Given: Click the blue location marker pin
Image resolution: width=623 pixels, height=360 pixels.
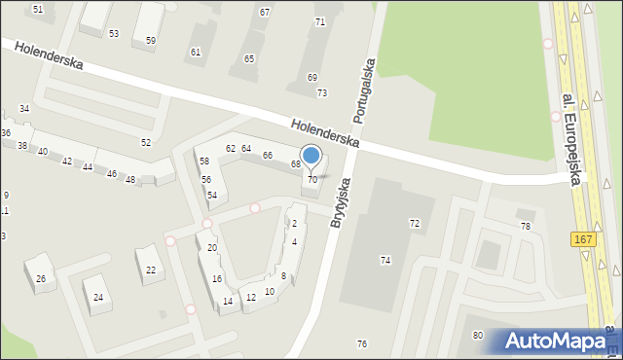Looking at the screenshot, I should tap(311, 157).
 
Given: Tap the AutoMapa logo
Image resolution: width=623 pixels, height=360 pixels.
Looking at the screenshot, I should tap(556, 341).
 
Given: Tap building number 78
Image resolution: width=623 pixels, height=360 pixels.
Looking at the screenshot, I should tap(526, 226).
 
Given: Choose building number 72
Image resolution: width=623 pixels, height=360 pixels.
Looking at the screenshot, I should tap(414, 224).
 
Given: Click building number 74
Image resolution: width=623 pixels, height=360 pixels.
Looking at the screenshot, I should tap(385, 260).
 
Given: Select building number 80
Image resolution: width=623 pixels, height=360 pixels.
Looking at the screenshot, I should tap(477, 336).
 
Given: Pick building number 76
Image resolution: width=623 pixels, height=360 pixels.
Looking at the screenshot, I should tap(362, 344).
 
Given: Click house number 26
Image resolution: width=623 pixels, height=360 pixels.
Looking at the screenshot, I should tap(41, 279).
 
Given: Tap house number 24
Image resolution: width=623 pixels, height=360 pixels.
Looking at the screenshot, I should tap(98, 297).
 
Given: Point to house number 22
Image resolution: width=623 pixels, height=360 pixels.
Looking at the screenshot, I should tap(151, 270).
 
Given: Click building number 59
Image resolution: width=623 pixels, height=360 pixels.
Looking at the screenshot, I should tap(150, 41).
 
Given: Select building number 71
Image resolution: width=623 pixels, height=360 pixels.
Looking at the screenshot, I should tap(319, 21).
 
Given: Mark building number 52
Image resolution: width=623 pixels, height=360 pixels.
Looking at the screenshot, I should tap(146, 143).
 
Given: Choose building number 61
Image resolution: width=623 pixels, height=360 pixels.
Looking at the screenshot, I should tap(196, 52).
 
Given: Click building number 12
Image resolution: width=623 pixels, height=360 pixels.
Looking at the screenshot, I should tap(250, 297).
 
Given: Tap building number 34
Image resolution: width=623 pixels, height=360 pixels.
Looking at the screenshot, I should tap(24, 108).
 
